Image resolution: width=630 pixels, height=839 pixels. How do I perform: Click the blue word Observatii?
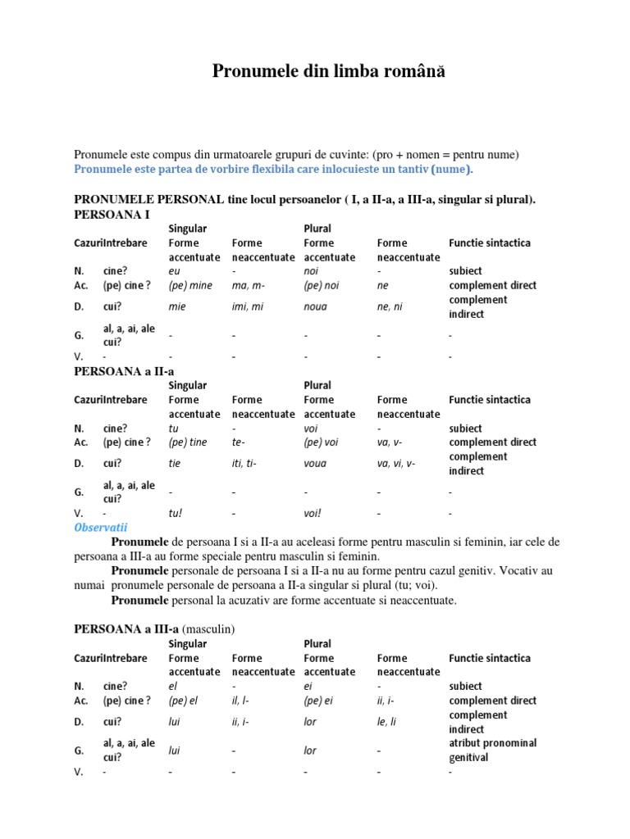click(x=101, y=528)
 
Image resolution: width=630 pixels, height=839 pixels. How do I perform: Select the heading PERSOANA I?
click(x=112, y=214)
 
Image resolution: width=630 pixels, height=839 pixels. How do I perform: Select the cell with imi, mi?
click(x=248, y=307)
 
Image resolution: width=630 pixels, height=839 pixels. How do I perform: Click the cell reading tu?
click(x=175, y=514)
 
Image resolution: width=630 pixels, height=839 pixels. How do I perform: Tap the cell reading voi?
click(x=313, y=514)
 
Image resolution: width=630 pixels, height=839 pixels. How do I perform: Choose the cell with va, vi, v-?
click(x=396, y=464)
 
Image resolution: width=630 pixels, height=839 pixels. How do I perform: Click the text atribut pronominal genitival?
click(x=492, y=751)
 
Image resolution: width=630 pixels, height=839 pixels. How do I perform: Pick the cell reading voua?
click(x=315, y=464)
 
